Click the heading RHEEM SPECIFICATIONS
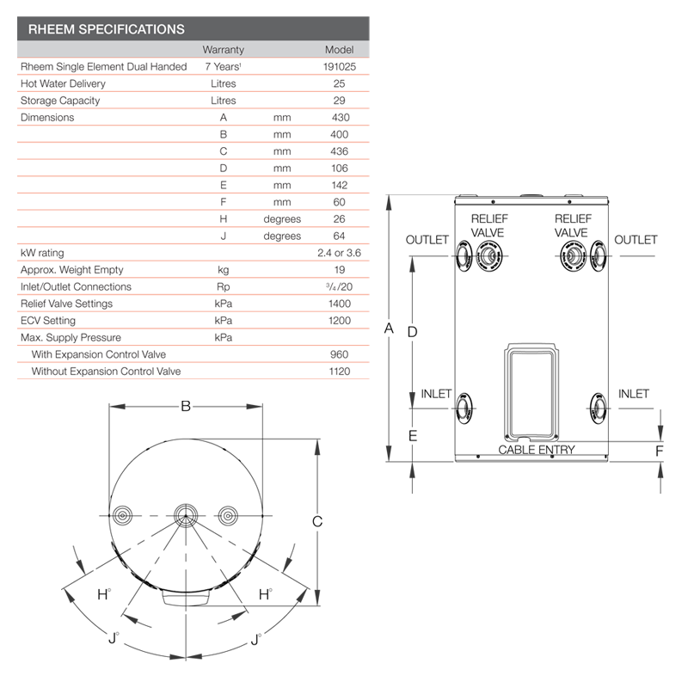click(x=106, y=29)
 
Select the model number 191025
click(x=339, y=66)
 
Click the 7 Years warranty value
click(x=223, y=66)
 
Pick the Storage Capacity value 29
click(x=339, y=101)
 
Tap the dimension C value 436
click(x=339, y=151)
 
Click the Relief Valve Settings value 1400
click(x=339, y=304)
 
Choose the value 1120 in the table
click(x=339, y=372)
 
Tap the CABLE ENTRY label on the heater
click(x=537, y=450)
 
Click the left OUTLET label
click(x=427, y=240)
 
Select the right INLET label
click(x=634, y=394)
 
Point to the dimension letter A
click(x=389, y=329)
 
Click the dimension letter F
click(x=660, y=450)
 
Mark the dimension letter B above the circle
click(x=185, y=407)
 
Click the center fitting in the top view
click(x=185, y=514)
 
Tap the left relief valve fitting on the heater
click(x=488, y=255)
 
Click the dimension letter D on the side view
click(x=412, y=331)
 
